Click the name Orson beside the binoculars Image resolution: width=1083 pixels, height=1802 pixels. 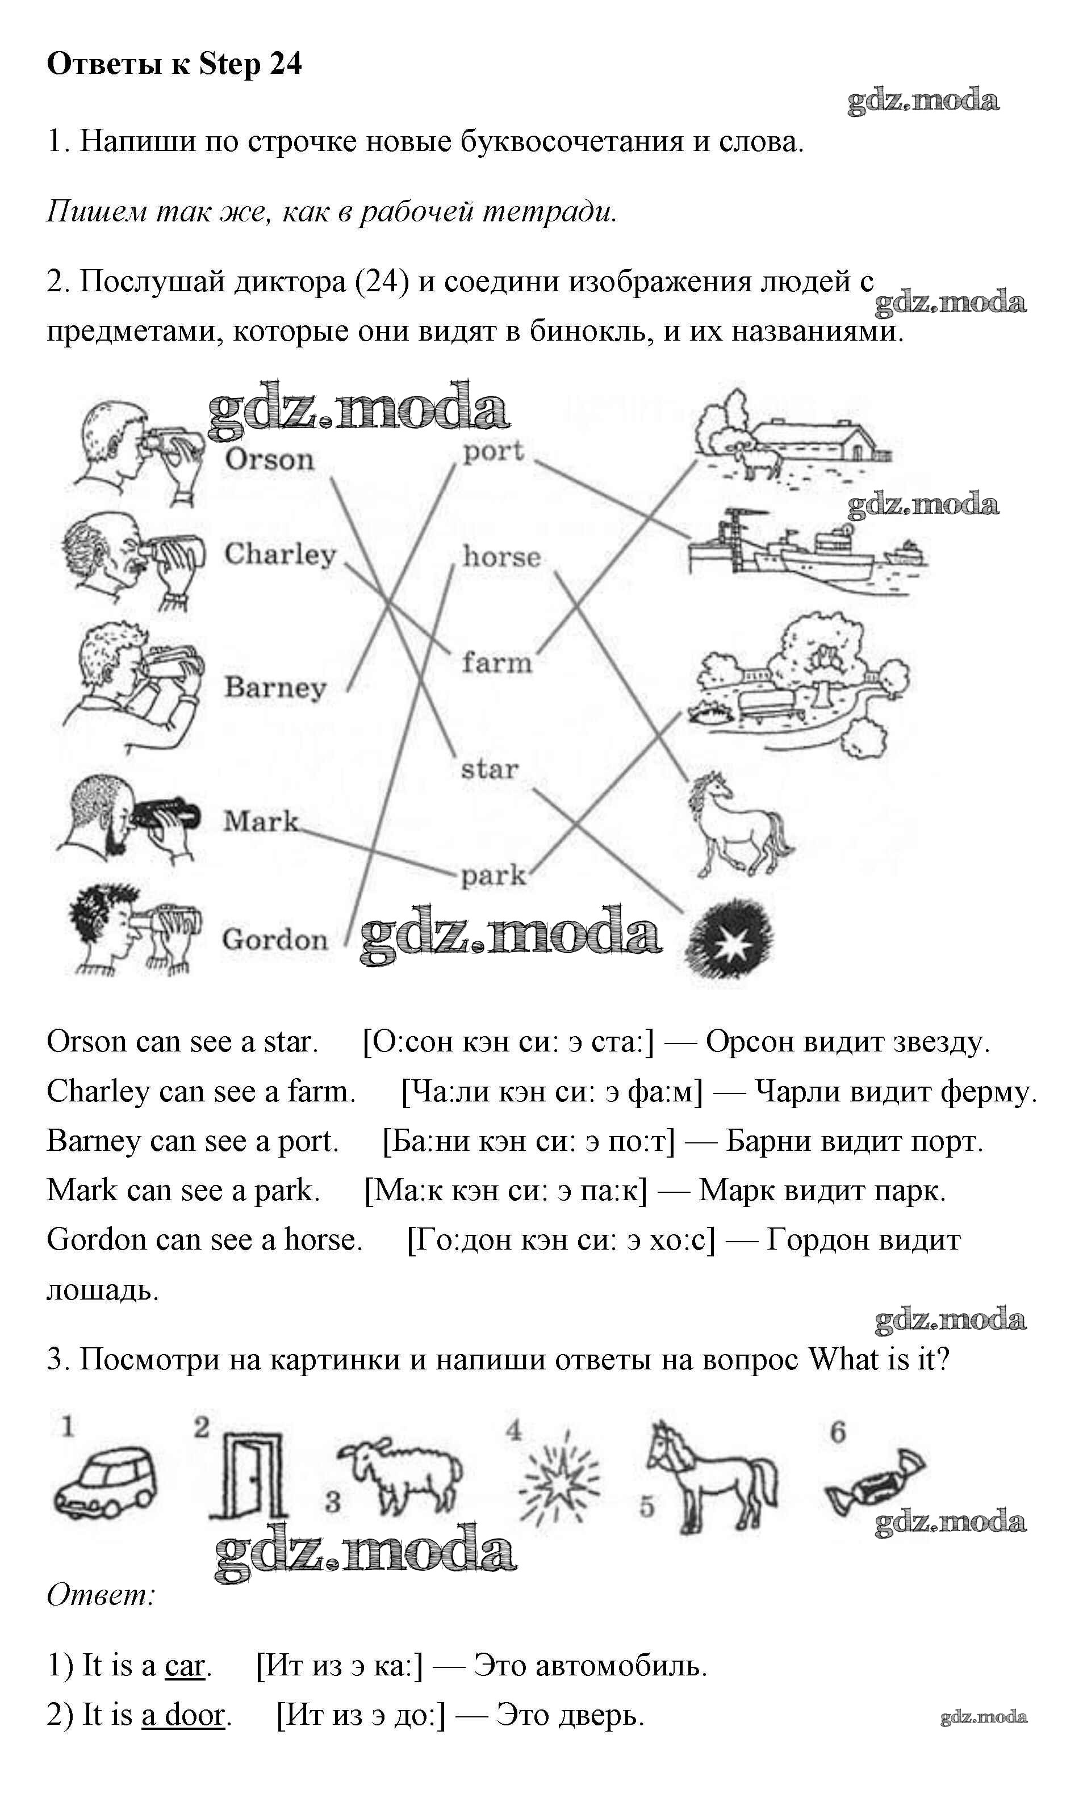269,460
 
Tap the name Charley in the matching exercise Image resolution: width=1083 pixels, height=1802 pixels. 280,555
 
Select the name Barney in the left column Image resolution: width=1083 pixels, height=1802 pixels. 275,687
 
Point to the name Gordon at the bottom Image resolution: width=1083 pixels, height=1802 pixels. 275,939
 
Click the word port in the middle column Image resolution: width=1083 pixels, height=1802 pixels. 494,452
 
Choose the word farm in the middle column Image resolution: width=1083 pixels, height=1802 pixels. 497,663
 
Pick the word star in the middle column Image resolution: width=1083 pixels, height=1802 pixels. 490,768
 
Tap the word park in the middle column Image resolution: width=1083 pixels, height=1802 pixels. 494,875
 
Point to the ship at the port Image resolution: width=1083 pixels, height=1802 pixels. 806,548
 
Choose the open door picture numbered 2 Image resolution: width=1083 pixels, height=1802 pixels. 248,1474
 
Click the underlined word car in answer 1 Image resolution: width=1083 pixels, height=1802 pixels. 185,1666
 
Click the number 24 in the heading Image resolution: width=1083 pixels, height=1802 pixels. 285,64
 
